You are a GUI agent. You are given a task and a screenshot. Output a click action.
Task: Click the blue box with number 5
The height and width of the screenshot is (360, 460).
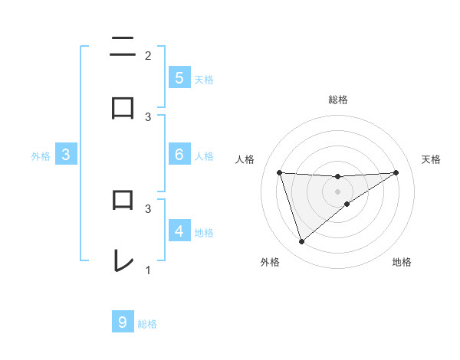(179, 78)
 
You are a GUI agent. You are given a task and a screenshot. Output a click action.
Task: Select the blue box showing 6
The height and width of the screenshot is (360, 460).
(179, 155)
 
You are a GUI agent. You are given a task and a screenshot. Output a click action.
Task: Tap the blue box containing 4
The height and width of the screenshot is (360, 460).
(179, 231)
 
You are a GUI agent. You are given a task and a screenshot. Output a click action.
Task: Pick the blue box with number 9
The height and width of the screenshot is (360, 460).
(123, 322)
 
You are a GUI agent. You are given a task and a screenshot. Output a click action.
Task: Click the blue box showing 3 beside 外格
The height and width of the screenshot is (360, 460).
(66, 155)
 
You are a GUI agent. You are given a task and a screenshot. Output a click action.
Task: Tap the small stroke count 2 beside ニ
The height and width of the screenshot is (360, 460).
(148, 55)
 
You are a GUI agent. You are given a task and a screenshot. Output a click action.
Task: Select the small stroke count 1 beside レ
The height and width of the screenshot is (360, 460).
(148, 270)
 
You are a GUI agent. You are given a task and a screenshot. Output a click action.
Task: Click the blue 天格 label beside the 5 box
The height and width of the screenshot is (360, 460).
(204, 79)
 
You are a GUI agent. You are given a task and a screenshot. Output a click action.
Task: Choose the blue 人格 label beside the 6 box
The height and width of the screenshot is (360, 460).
(204, 155)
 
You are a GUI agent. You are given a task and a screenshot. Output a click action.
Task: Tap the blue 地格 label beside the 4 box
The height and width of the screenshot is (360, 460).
(204, 232)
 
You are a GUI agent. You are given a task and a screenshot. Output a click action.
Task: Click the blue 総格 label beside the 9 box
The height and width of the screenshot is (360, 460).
(147, 323)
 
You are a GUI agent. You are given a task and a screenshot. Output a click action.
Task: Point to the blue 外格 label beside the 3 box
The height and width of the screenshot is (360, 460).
(41, 155)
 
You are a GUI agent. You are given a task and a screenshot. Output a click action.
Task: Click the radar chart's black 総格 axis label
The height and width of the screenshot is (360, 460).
(337, 100)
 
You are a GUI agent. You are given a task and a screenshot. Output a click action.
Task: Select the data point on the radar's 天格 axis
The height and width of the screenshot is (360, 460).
(396, 172)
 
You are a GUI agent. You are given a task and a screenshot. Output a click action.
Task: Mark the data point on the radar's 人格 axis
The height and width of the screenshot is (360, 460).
(280, 172)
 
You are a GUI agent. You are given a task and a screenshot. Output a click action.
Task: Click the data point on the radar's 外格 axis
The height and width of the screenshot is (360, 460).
(301, 242)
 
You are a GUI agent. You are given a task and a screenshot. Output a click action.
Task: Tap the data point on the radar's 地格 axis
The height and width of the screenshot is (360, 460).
(347, 204)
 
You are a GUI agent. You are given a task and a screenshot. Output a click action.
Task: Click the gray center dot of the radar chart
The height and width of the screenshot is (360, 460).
(337, 191)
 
